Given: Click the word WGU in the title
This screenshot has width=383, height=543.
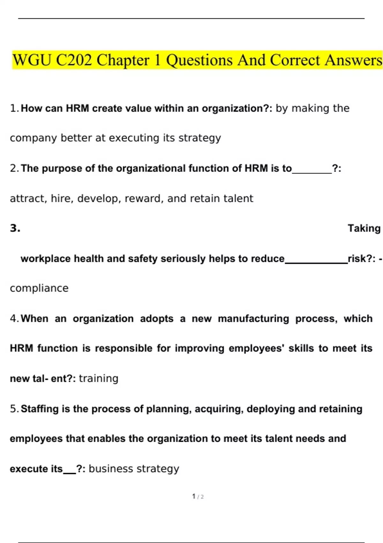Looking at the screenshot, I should (32, 60).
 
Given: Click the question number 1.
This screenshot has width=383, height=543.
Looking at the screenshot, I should (13, 109).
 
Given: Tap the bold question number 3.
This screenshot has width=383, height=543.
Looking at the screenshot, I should (15, 228).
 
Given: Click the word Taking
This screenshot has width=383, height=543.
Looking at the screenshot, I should (364, 228).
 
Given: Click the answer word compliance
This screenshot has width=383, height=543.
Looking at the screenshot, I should (39, 288).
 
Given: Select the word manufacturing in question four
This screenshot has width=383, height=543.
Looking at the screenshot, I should (253, 319).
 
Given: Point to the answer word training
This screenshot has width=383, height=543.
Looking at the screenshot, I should (99, 379).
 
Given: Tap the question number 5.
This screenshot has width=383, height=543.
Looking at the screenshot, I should (13, 409).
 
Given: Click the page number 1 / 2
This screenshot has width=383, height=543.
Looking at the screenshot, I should (198, 496).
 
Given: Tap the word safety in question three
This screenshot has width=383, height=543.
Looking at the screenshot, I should (143, 259).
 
